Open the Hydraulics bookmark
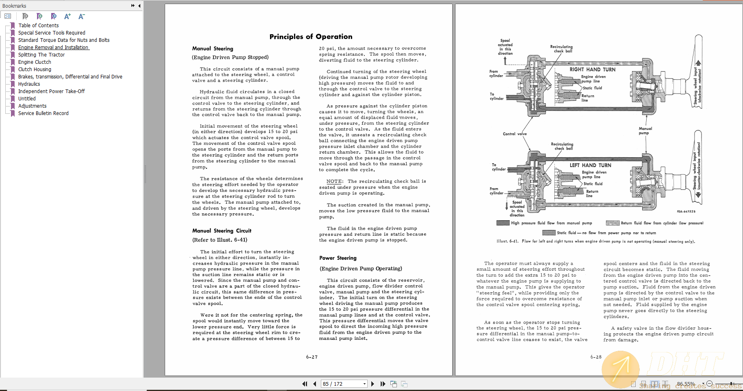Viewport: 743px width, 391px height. point(29,84)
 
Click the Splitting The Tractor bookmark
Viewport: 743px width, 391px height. point(41,55)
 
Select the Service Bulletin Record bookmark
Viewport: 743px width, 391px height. point(43,113)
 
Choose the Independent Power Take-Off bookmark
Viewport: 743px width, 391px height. point(51,91)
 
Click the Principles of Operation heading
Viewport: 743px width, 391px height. point(311,37)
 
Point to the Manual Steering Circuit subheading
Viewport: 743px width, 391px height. point(222,231)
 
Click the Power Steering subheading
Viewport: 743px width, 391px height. point(338,258)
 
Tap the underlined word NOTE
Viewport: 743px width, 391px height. point(334,182)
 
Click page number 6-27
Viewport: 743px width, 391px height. point(312,357)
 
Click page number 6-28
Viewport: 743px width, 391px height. point(596,357)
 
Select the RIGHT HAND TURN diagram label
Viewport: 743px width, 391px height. point(592,70)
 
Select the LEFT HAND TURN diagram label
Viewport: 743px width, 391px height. point(590,165)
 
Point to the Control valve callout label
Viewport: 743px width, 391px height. point(514,134)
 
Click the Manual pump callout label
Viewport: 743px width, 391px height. point(645,130)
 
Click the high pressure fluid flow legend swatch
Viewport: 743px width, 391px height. point(503,223)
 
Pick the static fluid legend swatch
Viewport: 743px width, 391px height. point(549,233)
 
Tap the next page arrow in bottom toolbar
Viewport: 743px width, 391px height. point(373,384)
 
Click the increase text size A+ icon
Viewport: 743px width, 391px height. point(68,16)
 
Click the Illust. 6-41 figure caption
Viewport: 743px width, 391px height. point(595,241)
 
